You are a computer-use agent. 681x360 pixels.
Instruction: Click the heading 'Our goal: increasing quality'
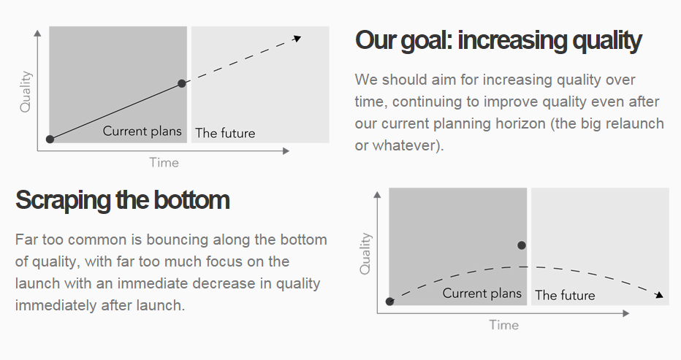click(498, 41)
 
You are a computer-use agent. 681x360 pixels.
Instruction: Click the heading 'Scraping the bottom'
click(123, 200)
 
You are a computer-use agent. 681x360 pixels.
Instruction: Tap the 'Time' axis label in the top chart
click(164, 162)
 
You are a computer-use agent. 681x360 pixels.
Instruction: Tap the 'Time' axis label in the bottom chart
click(503, 325)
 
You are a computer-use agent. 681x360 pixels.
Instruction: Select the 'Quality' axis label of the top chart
click(26, 91)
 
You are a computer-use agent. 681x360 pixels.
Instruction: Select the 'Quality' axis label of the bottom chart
click(365, 253)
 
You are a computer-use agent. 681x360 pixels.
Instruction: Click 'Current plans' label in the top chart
click(142, 131)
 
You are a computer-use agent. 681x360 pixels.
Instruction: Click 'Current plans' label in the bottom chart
click(482, 293)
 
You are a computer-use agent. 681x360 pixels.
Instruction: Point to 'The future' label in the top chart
click(225, 133)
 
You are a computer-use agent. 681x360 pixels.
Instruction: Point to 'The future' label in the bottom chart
click(565, 295)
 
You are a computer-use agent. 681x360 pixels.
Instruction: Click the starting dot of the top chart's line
click(50, 139)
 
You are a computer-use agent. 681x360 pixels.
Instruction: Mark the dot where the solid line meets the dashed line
click(182, 83)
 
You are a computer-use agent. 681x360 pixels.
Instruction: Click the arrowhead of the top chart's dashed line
click(297, 39)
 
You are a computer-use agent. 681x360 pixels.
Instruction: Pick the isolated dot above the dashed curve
click(522, 245)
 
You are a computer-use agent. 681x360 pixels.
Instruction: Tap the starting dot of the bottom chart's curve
click(390, 302)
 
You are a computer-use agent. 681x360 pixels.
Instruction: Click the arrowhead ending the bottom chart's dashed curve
click(659, 295)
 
